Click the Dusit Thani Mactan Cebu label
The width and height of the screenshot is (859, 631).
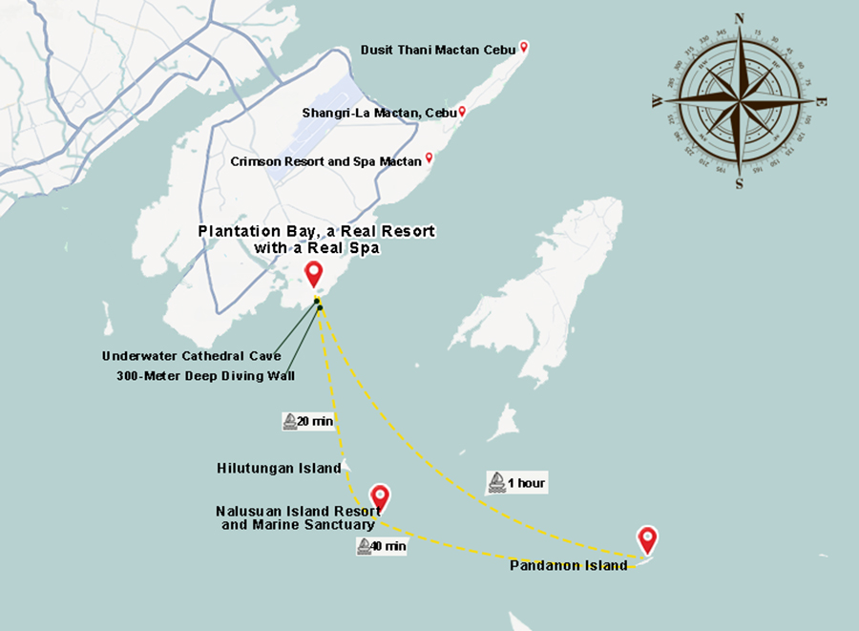pyautogui.click(x=438, y=49)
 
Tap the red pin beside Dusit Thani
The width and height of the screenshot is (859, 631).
pyautogui.click(x=523, y=48)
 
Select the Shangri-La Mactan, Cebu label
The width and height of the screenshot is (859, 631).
pyautogui.click(x=380, y=113)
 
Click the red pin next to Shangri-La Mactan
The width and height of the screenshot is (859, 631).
pyautogui.click(x=462, y=112)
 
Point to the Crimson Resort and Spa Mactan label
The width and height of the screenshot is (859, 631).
pyautogui.click(x=325, y=161)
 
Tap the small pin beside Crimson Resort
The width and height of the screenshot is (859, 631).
pyautogui.click(x=429, y=158)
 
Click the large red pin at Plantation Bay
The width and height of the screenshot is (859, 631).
pyautogui.click(x=313, y=274)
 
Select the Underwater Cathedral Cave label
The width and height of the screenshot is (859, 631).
pyautogui.click(x=192, y=356)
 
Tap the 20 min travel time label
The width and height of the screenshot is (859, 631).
pyautogui.click(x=315, y=421)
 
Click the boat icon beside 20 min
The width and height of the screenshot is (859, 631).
pyautogui.click(x=290, y=421)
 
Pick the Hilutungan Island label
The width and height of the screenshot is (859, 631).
pyautogui.click(x=279, y=468)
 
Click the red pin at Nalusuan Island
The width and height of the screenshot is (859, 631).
pyautogui.click(x=380, y=497)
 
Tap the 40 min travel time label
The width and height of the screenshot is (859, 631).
pyautogui.click(x=389, y=547)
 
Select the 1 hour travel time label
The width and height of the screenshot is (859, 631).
pyautogui.click(x=526, y=483)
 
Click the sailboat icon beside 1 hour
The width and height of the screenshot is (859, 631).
pyautogui.click(x=497, y=483)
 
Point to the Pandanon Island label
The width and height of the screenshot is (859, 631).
pyautogui.click(x=569, y=565)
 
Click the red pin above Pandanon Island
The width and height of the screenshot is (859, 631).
pyautogui.click(x=648, y=539)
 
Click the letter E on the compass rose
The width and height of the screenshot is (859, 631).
pyautogui.click(x=822, y=102)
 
